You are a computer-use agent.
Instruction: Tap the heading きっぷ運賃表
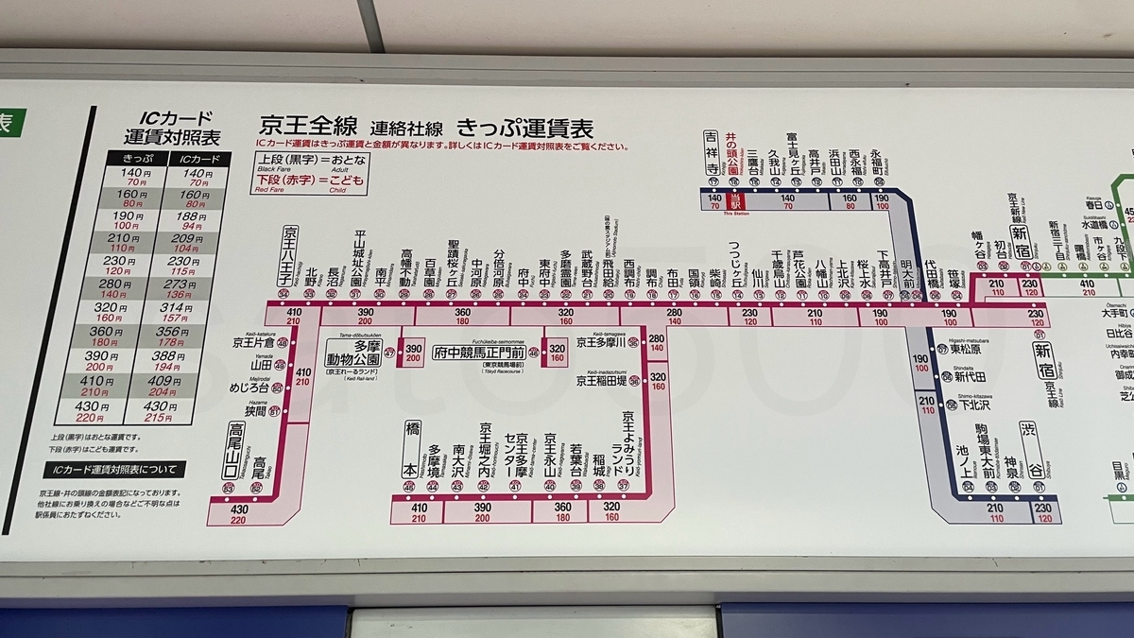(x=525, y=128)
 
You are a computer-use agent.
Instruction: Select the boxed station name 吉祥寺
(x=711, y=151)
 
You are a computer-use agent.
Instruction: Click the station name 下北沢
(x=973, y=405)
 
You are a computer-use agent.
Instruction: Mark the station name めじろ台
(x=250, y=387)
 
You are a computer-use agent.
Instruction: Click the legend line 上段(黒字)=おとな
(x=301, y=160)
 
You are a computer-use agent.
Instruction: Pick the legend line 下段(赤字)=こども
(x=301, y=181)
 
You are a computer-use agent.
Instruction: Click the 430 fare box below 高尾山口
(x=240, y=513)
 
